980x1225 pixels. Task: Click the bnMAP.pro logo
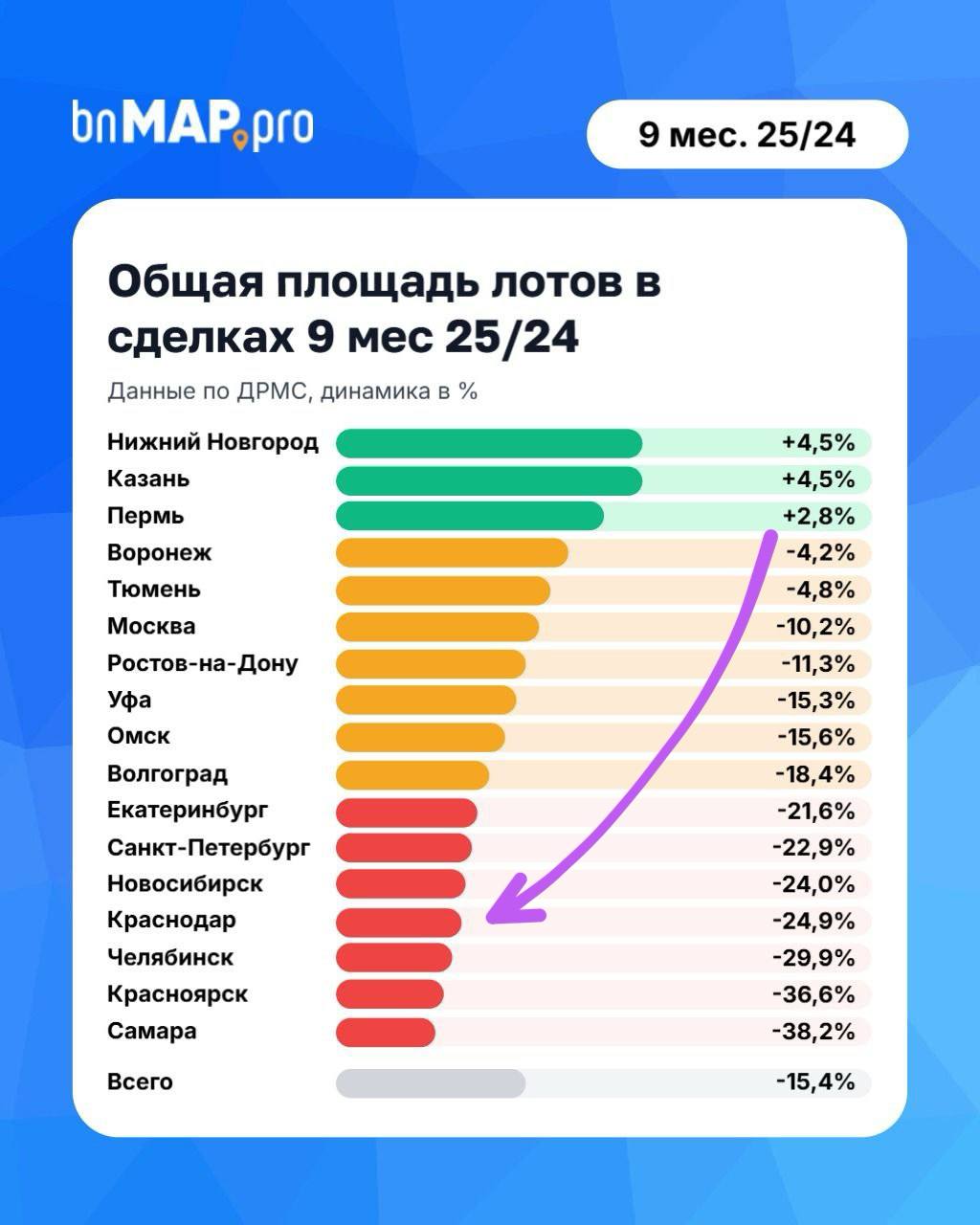(x=192, y=123)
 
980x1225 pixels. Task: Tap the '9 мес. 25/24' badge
(x=746, y=135)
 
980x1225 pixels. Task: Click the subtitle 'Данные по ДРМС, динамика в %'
(x=292, y=391)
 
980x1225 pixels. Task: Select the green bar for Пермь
(x=469, y=516)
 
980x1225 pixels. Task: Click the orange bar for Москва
(x=437, y=627)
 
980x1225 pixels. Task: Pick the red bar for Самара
(x=386, y=1032)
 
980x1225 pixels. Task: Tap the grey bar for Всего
(x=431, y=1083)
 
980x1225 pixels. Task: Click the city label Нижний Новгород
(x=212, y=442)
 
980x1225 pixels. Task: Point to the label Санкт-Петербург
(x=209, y=848)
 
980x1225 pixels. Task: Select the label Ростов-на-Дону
(x=203, y=663)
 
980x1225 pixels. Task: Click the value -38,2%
(x=813, y=1032)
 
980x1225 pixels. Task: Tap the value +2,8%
(x=817, y=516)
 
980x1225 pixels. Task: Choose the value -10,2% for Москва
(x=814, y=627)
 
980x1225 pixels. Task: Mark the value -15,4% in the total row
(x=814, y=1082)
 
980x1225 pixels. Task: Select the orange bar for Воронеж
(x=452, y=553)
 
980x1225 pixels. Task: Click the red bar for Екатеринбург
(x=407, y=812)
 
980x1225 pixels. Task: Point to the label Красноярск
(x=177, y=994)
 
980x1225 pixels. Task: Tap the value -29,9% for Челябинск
(x=813, y=958)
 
